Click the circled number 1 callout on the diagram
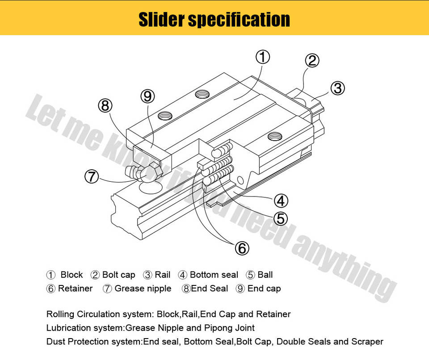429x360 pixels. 263,57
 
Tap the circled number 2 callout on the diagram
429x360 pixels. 312,60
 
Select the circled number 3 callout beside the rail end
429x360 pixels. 337,88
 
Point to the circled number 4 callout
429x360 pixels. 280,201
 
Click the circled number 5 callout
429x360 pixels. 280,218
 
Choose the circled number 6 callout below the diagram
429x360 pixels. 242,248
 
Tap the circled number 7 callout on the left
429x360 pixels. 91,176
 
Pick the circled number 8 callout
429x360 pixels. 105,106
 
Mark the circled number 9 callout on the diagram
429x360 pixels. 147,96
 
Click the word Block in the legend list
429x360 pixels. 71,275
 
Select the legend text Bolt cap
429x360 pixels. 118,275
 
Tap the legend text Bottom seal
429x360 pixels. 214,275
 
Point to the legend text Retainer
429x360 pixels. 75,289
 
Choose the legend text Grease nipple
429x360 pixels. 143,289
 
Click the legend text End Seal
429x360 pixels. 210,289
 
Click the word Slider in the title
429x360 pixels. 161,20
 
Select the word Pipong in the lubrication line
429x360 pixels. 218,328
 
